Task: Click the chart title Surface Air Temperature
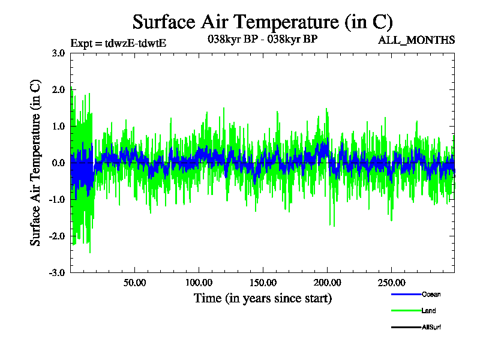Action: [263, 22]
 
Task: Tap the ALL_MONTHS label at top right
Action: [416, 40]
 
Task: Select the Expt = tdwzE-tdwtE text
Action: [118, 43]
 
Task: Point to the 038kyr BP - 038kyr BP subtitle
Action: [263, 39]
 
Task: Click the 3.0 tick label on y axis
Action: [58, 53]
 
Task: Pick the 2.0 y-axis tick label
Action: [58, 89]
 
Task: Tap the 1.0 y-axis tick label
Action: [58, 126]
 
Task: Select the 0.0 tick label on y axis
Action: [58, 163]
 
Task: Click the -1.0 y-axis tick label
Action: [57, 199]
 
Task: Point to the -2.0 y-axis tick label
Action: [57, 236]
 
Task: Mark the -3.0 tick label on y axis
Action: [57, 272]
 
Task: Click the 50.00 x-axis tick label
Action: [134, 283]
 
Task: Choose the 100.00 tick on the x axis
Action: [199, 283]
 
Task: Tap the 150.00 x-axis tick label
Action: [263, 283]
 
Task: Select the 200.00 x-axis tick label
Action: [327, 283]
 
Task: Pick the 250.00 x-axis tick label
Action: [392, 283]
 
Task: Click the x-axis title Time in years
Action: [263, 298]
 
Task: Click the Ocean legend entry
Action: [416, 295]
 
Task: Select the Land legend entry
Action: [413, 311]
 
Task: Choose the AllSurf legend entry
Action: [416, 327]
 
